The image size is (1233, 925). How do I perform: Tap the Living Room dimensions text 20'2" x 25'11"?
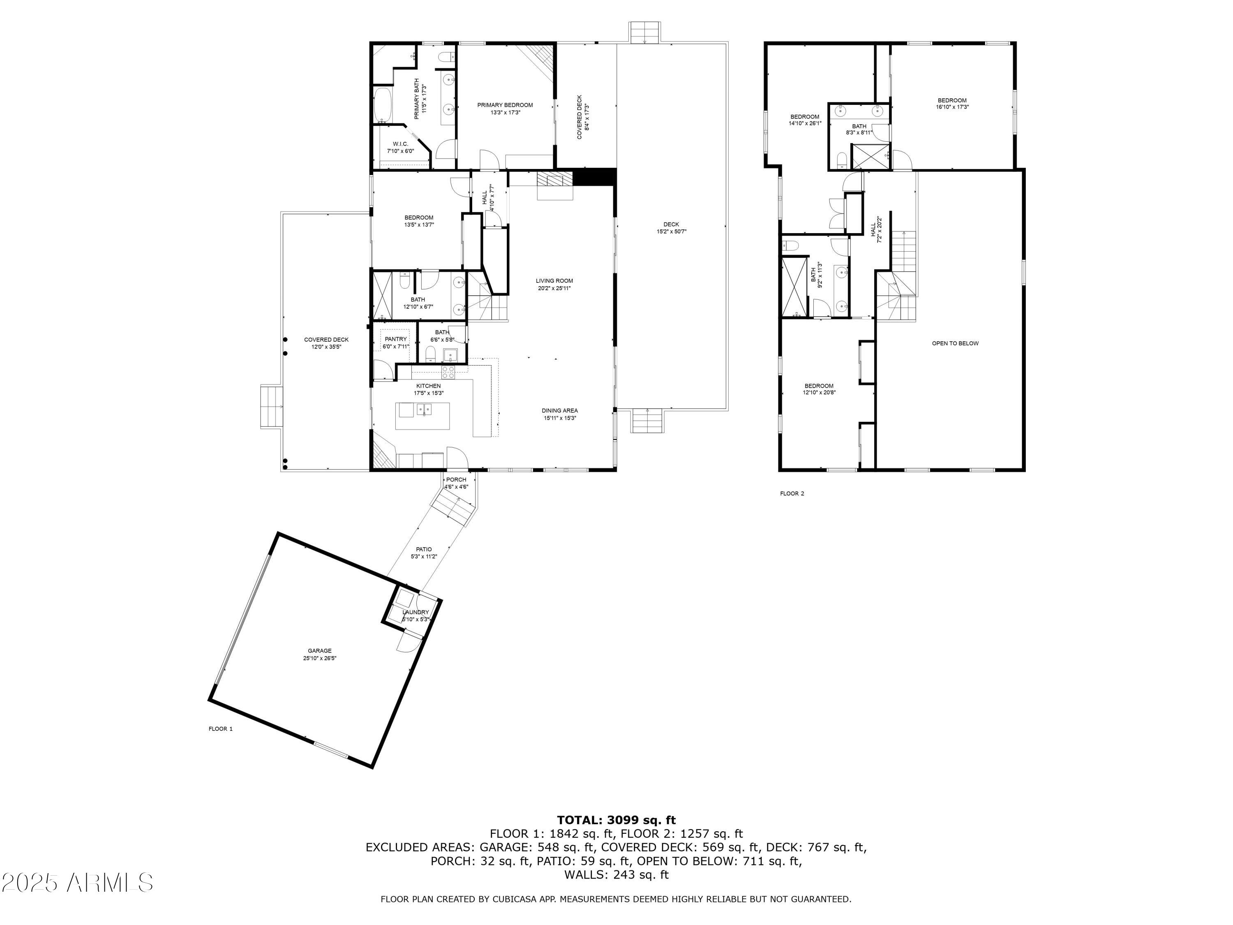click(554, 288)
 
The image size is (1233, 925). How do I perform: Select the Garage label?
click(319, 651)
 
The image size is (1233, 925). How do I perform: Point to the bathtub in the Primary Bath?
click(382, 105)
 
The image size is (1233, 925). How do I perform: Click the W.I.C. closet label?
click(400, 144)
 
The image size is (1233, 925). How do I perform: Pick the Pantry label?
click(396, 339)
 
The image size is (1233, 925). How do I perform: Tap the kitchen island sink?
click(424, 410)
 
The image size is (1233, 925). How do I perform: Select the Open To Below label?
click(955, 343)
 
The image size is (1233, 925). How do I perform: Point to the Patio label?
click(424, 549)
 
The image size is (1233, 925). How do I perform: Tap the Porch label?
click(456, 479)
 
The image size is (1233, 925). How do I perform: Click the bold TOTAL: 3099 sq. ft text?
click(616, 820)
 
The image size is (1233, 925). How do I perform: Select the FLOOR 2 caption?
click(792, 493)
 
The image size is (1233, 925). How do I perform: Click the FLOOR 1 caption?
click(220, 729)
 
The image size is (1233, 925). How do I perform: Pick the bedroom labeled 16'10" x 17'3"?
click(952, 103)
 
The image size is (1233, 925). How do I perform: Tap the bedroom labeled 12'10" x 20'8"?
click(819, 388)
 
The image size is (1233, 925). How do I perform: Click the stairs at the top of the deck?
click(645, 31)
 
